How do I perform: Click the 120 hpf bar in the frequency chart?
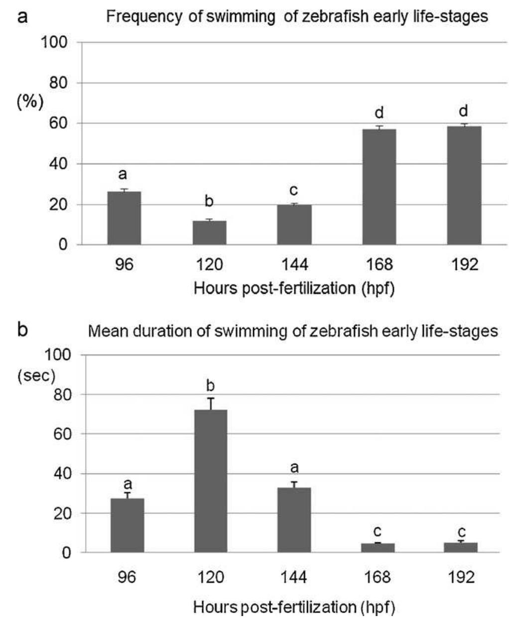tap(209, 233)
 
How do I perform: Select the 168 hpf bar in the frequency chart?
tap(379, 187)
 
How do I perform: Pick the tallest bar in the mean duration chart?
tap(211, 481)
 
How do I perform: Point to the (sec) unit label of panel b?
tap(36, 376)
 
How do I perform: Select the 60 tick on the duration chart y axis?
tap(61, 434)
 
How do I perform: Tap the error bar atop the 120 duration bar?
tap(211, 403)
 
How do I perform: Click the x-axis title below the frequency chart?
tap(294, 288)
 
